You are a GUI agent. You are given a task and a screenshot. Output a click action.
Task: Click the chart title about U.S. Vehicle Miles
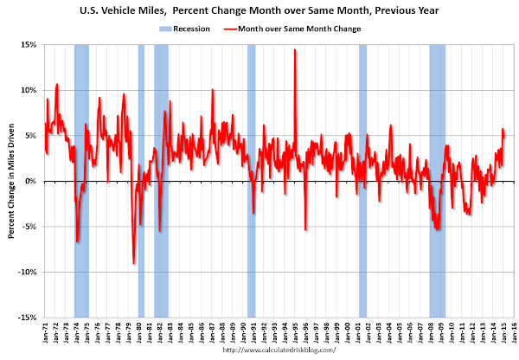(x=259, y=11)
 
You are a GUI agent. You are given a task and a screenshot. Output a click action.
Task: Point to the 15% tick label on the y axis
(x=27, y=44)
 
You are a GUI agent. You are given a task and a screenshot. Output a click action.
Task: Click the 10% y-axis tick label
(x=27, y=90)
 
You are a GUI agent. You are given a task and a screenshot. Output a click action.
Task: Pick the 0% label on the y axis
(x=29, y=181)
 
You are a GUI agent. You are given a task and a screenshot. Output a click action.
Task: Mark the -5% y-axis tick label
(x=28, y=227)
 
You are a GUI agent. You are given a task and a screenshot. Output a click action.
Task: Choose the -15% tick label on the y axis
(x=26, y=318)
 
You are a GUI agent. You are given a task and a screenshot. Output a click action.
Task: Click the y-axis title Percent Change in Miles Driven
(x=11, y=181)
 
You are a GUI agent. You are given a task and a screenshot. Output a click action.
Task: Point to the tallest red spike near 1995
(x=295, y=50)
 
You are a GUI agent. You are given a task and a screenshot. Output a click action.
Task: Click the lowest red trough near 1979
(x=133, y=263)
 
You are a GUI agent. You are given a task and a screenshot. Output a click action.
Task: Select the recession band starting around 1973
(x=81, y=130)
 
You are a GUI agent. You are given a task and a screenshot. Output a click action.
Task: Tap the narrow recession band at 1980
(x=141, y=130)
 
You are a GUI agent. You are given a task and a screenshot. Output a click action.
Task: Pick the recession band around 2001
(x=362, y=130)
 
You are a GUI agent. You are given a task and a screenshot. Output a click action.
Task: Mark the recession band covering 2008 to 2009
(x=437, y=130)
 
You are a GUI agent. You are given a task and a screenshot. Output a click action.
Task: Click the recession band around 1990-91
(x=251, y=130)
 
